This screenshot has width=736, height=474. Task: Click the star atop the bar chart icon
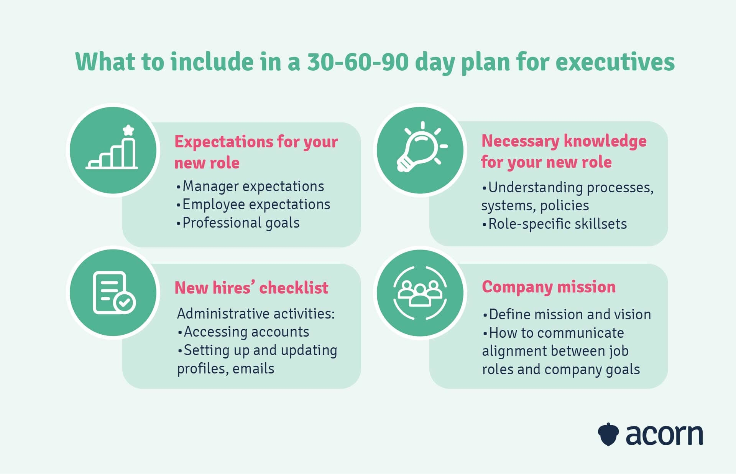(x=128, y=130)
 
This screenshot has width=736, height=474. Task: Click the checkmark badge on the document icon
(x=125, y=302)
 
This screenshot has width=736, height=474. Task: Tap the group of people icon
(x=420, y=293)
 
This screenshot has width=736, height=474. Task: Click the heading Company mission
(x=549, y=287)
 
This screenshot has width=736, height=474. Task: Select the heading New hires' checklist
(x=251, y=288)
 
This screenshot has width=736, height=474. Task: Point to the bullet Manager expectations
(x=250, y=186)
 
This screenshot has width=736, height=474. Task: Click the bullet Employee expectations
(x=253, y=205)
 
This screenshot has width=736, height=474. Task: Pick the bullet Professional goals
(x=238, y=223)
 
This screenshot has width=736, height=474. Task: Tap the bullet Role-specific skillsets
(x=554, y=224)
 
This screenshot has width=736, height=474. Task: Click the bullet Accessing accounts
(x=243, y=332)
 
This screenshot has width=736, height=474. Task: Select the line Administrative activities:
(x=256, y=314)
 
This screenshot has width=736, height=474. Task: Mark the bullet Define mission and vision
(x=567, y=314)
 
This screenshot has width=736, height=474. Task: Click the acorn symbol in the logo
(x=608, y=434)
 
